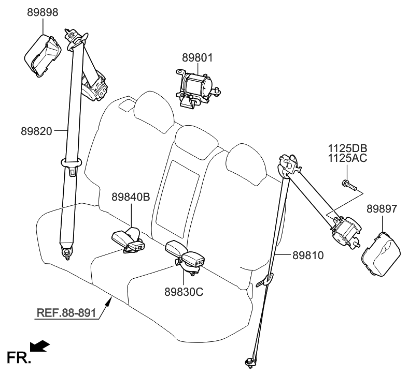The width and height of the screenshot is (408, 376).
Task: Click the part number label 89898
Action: pyautogui.click(x=43, y=12)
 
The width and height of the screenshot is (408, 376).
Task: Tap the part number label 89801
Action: pyautogui.click(x=197, y=57)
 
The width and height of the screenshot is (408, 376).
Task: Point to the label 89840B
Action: pyautogui.click(x=131, y=197)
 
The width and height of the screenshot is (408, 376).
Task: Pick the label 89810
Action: pyautogui.click(x=308, y=255)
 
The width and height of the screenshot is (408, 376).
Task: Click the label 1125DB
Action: pyautogui.click(x=347, y=149)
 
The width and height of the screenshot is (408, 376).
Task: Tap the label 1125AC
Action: pyautogui.click(x=347, y=158)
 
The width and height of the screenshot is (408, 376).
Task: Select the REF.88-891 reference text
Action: pyautogui.click(x=66, y=312)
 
